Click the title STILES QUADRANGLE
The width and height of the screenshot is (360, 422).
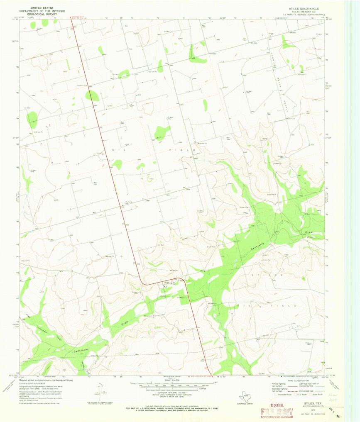(x=306, y=8)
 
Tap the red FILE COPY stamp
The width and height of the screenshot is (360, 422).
(x=274, y=412)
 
